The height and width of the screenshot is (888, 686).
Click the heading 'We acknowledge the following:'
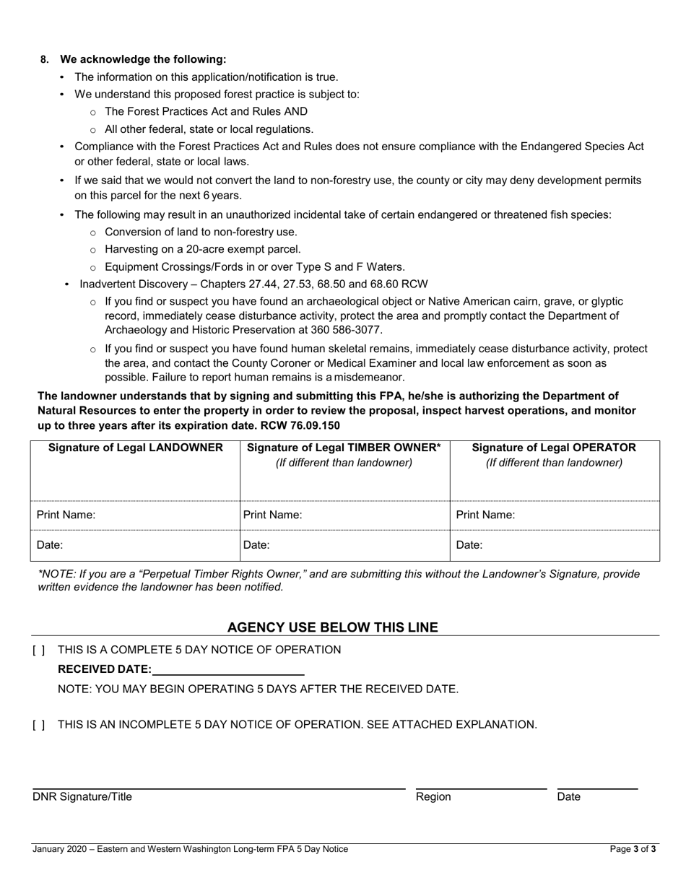[143, 59]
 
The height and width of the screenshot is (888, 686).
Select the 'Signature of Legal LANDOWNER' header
[135, 448]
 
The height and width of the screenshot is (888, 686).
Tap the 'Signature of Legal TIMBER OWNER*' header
[344, 448]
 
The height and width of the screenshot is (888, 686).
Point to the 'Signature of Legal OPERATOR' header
[554, 448]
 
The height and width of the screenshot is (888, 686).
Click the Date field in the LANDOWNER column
[152, 546]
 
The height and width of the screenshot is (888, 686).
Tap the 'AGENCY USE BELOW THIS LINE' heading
[332, 627]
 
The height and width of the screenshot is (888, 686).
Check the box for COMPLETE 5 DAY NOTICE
[39, 650]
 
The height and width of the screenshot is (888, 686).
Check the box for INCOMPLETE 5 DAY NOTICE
[39, 725]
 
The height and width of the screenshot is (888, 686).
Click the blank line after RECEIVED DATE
[228, 670]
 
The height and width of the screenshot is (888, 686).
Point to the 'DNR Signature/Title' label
[82, 797]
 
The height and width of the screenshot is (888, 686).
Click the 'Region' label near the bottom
[433, 797]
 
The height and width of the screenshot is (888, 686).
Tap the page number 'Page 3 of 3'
[633, 849]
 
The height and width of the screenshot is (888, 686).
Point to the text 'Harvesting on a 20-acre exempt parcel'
[203, 249]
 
